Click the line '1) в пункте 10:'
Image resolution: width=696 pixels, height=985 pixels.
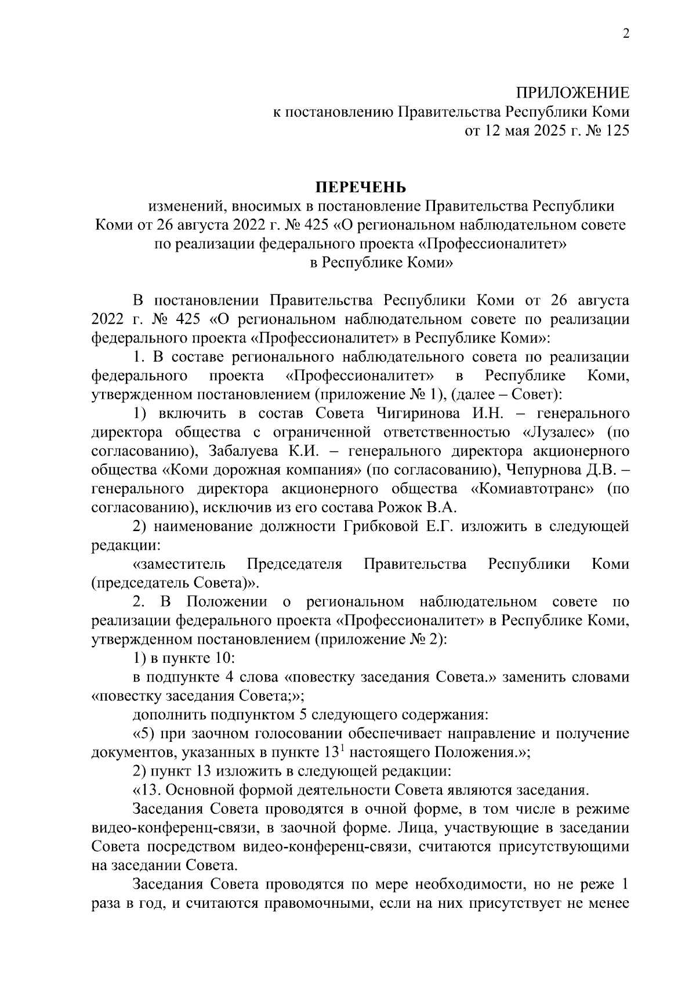pos(183,658)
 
